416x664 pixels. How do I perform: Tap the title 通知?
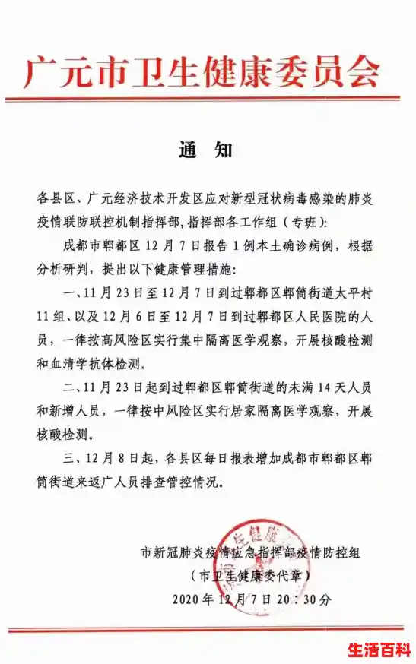[x=206, y=150]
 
